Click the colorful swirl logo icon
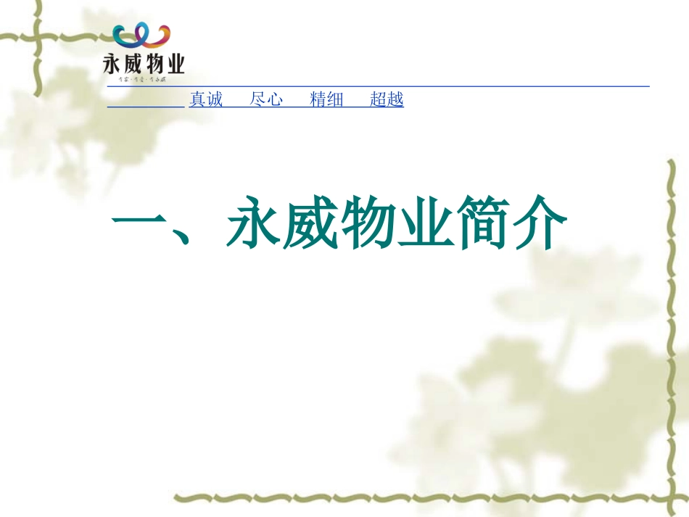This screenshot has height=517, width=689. [142, 37]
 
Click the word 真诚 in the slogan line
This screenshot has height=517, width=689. [206, 99]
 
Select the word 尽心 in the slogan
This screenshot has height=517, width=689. [266, 99]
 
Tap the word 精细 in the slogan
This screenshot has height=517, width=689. [326, 99]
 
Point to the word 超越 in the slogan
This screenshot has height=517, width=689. [387, 99]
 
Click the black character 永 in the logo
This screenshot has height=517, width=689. [113, 64]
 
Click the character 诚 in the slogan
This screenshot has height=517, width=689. [215, 99]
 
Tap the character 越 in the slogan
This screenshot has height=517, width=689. [395, 99]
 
